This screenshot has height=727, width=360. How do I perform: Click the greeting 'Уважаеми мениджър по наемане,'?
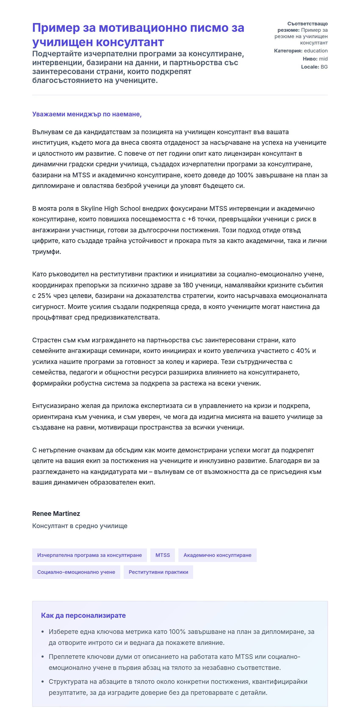click(87, 114)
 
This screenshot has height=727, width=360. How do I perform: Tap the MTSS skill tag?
click(163, 555)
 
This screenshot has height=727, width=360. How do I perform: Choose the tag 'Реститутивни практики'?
click(158, 572)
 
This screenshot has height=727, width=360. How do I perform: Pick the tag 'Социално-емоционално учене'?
click(76, 572)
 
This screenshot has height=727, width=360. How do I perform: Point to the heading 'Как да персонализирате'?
click(83, 615)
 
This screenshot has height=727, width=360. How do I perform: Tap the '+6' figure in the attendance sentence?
click(191, 219)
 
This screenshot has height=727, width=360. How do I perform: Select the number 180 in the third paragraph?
click(188, 285)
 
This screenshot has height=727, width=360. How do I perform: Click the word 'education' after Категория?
click(316, 51)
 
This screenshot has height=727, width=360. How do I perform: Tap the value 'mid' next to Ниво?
click(323, 59)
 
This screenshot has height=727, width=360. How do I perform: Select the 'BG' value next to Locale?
click(324, 67)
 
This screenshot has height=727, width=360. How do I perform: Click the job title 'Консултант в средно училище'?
click(80, 526)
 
